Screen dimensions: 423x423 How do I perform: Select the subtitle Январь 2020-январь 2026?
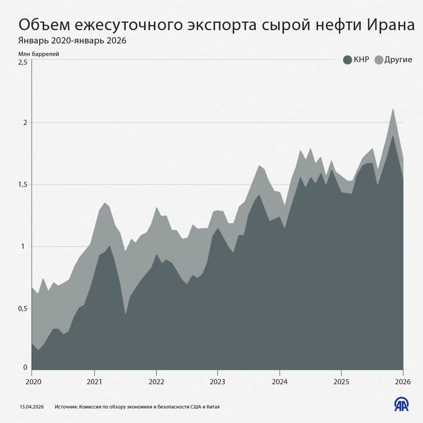click(72, 40)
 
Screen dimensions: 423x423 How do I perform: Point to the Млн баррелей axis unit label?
click(39, 54)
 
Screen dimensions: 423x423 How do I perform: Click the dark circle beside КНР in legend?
click(347, 60)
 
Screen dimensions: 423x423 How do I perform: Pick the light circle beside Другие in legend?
click(379, 60)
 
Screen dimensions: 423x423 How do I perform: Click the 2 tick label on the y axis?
click(25, 122)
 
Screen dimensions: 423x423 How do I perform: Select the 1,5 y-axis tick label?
click(23, 184)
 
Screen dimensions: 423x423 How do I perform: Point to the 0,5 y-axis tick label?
click(23, 309)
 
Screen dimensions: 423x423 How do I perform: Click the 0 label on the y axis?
click(25, 367)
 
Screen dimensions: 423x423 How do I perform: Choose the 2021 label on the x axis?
click(94, 381)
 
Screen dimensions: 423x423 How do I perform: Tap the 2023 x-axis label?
click(218, 381)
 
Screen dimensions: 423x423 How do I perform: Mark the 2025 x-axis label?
click(341, 381)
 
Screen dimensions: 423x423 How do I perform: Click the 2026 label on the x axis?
click(403, 381)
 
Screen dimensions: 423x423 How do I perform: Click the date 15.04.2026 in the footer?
click(32, 407)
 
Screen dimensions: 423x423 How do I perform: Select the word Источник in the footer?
click(66, 407)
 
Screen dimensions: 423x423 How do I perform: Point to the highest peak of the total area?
click(393, 109)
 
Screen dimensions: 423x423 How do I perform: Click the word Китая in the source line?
click(212, 407)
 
